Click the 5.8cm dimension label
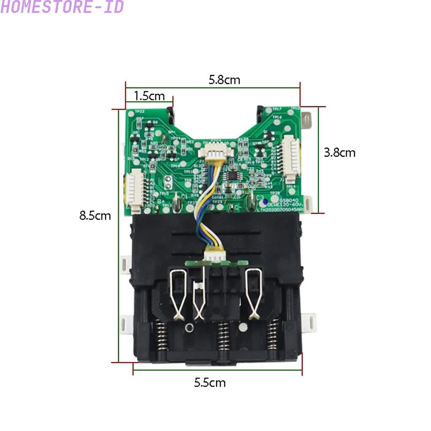point(224,80)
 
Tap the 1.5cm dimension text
point(149,96)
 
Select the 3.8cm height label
point(340,152)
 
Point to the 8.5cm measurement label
point(95,215)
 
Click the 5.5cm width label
point(210,382)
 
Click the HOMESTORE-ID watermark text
point(62,7)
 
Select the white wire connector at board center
point(214,154)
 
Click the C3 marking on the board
point(260,198)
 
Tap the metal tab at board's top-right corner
point(307,120)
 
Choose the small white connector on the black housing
point(214,254)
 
